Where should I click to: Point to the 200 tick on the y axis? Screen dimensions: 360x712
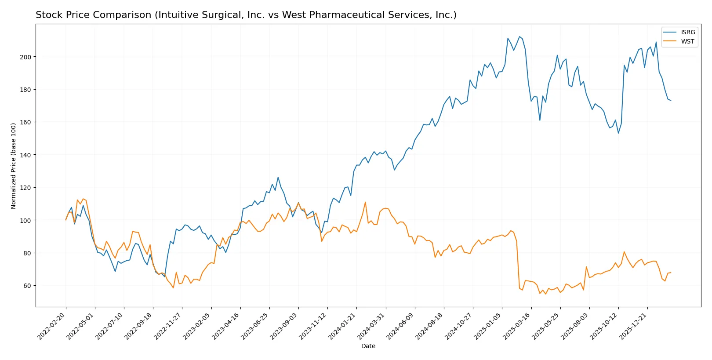pos(25,57)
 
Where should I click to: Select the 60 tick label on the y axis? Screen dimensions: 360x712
pos(27,286)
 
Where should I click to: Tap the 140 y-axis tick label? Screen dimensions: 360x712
pos(25,155)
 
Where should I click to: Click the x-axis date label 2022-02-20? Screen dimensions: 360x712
pos(52,326)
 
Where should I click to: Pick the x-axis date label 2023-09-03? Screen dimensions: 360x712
pos(284,326)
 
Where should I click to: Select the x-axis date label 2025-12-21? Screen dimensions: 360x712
pos(633,326)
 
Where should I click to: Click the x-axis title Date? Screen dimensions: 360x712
pos(368,346)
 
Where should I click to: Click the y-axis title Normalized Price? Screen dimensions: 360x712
pos(13,166)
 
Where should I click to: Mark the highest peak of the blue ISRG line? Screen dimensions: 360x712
pos(519,36)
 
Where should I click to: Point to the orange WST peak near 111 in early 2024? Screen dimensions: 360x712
pos(365,202)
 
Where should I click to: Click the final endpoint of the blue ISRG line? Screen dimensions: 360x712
pos(671,101)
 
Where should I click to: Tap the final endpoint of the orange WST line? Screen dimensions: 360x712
pos(671,273)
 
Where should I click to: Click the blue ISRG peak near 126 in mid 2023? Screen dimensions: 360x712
pos(278,177)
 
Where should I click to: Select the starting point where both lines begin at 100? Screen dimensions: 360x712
pos(66,220)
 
